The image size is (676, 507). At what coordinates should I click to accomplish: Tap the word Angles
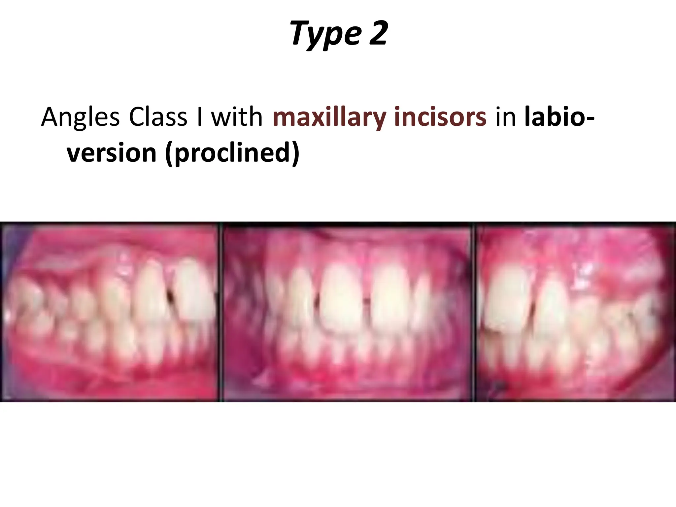(80, 117)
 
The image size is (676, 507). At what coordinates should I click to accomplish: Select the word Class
(158, 117)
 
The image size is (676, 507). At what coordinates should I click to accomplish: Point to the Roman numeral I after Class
(199, 117)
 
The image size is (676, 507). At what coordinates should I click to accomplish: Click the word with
(236, 117)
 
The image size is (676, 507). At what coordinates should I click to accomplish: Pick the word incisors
(440, 117)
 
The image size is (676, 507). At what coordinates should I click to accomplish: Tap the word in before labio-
(505, 117)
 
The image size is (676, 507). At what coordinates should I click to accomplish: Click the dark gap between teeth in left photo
(171, 295)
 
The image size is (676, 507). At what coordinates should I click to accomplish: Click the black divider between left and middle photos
(220, 312)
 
